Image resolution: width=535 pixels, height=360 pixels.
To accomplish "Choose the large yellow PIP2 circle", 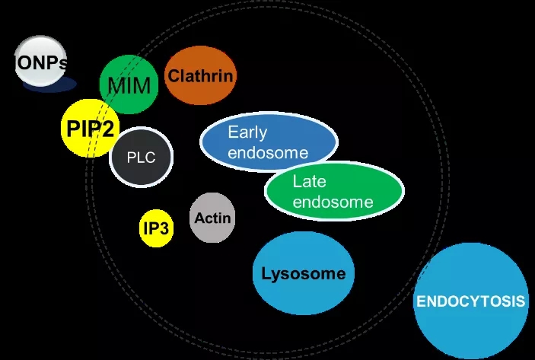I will (x=89, y=128).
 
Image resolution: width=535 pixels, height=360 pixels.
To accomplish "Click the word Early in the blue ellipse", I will (x=247, y=132).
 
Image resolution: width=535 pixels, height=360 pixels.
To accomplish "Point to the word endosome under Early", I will (x=268, y=152).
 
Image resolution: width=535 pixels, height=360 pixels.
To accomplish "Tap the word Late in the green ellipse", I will (x=310, y=181).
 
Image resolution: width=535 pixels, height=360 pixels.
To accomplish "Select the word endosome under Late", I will (x=333, y=202).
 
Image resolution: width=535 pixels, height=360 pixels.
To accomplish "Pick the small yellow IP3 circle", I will (x=157, y=228).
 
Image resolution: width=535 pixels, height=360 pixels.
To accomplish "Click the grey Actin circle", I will (x=212, y=218).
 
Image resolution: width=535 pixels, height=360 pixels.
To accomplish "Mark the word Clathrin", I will (x=201, y=76).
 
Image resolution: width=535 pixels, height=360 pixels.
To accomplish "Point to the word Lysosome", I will (x=303, y=274).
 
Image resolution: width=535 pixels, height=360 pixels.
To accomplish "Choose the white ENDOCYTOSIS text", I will (x=470, y=301).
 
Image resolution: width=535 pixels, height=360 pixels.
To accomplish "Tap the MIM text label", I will (x=129, y=85).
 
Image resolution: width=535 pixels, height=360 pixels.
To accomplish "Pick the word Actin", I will (x=212, y=218).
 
